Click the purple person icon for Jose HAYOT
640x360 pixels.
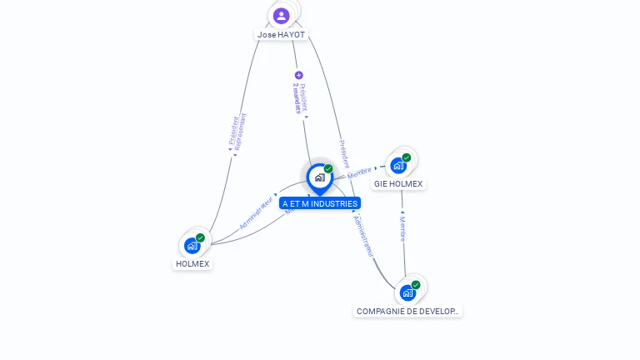pos(282,15)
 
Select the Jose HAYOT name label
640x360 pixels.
pos(281,35)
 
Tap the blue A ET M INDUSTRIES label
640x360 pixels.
pos(320,203)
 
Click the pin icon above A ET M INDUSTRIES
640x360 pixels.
pos(319,177)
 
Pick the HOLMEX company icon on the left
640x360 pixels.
pos(192,246)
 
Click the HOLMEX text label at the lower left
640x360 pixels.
pos(192,263)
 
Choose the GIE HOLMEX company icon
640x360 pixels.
pos(398,165)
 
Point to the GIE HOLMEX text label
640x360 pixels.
pos(398,183)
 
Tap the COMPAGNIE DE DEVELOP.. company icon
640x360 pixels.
pos(407,292)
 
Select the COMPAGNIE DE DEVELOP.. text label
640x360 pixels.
pos(407,311)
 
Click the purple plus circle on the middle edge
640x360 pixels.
pos(299,75)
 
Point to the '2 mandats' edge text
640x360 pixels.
pos(297,98)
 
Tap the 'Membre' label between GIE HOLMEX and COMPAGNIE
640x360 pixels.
pos(402,229)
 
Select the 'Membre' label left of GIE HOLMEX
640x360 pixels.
pos(360,172)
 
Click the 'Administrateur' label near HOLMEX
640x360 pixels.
pos(257,212)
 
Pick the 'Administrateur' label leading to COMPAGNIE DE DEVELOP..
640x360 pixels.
pos(364,236)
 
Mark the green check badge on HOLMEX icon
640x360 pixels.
pos(200,237)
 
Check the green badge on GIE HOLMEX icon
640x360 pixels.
pos(407,157)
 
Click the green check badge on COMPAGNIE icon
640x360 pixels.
pos(415,285)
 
